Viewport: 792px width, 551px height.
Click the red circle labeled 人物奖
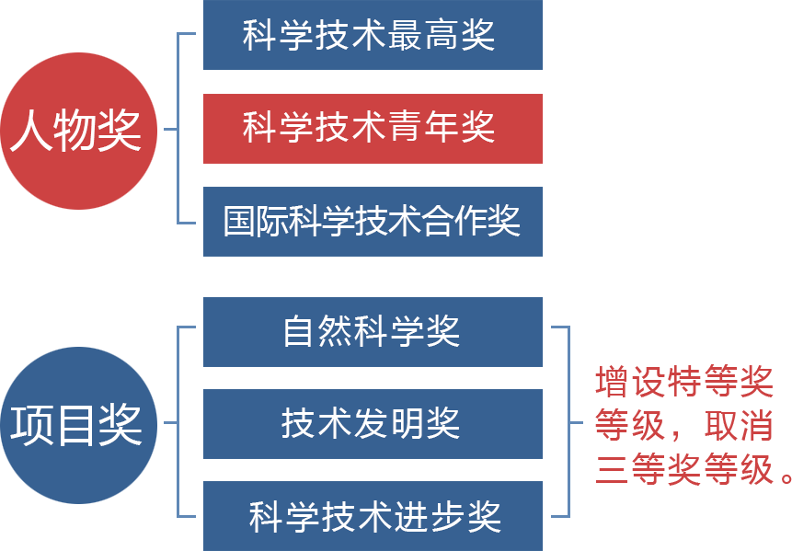click(x=78, y=131)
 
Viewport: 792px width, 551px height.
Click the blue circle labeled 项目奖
click(x=78, y=425)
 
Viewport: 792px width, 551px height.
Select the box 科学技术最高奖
click(x=373, y=35)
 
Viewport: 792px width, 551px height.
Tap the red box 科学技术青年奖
click(x=373, y=128)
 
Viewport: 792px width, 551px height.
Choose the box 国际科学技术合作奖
click(x=373, y=221)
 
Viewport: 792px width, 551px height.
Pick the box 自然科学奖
click(x=373, y=331)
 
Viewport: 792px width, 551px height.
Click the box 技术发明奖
click(x=373, y=423)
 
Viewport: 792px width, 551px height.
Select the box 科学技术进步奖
click(x=373, y=516)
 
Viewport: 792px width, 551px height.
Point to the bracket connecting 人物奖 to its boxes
click(x=178, y=129)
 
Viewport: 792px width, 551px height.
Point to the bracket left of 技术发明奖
click(x=178, y=423)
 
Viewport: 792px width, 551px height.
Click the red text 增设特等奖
click(x=683, y=382)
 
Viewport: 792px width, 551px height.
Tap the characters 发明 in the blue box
click(x=397, y=423)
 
